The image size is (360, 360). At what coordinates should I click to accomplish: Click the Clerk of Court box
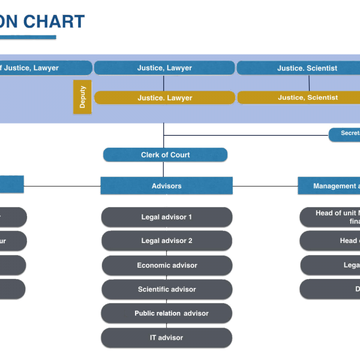click(165, 155)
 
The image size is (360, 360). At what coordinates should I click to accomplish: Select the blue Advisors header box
click(166, 186)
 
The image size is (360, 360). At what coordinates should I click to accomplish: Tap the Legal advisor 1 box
click(166, 217)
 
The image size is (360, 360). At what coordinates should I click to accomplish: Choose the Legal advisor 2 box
click(166, 241)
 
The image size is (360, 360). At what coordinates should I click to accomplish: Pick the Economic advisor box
click(167, 265)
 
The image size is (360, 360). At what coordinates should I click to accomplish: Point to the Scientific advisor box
click(167, 289)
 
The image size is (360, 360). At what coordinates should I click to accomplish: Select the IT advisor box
click(166, 338)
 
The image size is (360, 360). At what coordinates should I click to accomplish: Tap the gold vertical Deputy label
click(82, 97)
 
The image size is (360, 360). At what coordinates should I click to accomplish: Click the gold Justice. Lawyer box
click(164, 98)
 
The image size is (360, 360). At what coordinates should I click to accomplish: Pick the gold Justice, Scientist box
click(299, 97)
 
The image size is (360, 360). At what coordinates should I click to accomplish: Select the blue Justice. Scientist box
click(298, 68)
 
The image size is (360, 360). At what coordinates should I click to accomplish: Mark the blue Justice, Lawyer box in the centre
click(164, 68)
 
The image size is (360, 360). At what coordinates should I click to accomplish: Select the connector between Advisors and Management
click(265, 186)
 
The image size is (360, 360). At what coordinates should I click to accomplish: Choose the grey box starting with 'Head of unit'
click(330, 217)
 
